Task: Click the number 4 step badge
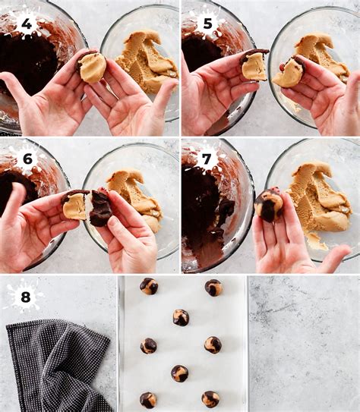tap(27, 24)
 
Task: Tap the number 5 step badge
tap(208, 24)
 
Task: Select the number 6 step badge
tap(27, 159)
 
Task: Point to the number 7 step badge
tap(207, 159)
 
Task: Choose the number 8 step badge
tap(26, 297)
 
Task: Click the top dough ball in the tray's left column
tap(149, 286)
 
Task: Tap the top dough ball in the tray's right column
tap(213, 288)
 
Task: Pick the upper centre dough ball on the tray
tap(181, 318)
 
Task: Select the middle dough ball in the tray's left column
tap(149, 346)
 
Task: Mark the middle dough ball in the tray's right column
tap(213, 345)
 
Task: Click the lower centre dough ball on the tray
tap(179, 373)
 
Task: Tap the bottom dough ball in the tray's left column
tap(148, 400)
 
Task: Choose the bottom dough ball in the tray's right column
tap(210, 399)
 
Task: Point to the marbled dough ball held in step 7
tap(269, 205)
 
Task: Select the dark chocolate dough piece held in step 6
tap(100, 209)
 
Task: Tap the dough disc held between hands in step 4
tap(92, 67)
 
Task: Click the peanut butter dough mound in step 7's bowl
tap(320, 200)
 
